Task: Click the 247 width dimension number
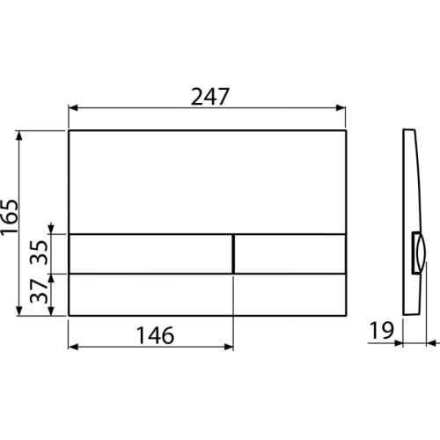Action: pyautogui.click(x=209, y=97)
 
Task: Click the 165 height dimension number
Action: pyautogui.click(x=10, y=216)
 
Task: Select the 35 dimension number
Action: pyautogui.click(x=39, y=252)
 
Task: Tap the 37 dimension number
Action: pyautogui.click(x=39, y=291)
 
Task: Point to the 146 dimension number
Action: pyautogui.click(x=156, y=335)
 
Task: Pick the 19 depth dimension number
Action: pyautogui.click(x=381, y=330)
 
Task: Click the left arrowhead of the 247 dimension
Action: pyautogui.click(x=72, y=108)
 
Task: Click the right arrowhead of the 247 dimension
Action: pyautogui.click(x=341, y=108)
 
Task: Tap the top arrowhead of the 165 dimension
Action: pyautogui.click(x=19, y=136)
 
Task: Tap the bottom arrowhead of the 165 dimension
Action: pyautogui.click(x=19, y=311)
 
